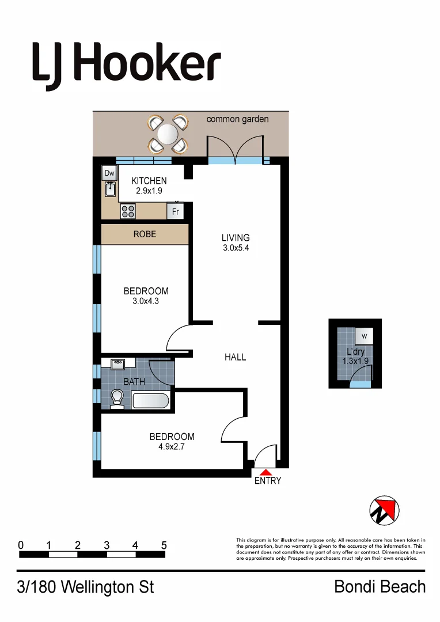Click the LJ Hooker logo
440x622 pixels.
pyautogui.click(x=126, y=63)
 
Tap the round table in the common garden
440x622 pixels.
pyautogui.click(x=168, y=134)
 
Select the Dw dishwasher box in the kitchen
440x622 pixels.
pyautogui.click(x=109, y=173)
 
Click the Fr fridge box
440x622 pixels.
pyautogui.click(x=176, y=212)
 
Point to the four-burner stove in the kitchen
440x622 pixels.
pyautogui.click(x=128, y=211)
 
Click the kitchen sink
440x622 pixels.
pyautogui.click(x=109, y=188)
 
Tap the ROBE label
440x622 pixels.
pyautogui.click(x=145, y=234)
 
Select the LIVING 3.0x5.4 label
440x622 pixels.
pyautogui.click(x=236, y=242)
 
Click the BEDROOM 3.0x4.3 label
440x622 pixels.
pyautogui.click(x=146, y=296)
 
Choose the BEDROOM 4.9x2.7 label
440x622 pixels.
pyautogui.click(x=172, y=441)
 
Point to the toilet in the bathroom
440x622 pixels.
pyautogui.click(x=117, y=399)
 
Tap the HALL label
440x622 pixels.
pyautogui.click(x=235, y=357)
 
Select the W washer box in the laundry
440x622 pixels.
pyautogui.click(x=363, y=336)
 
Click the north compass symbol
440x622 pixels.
pyautogui.click(x=384, y=510)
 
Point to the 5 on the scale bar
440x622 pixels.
pyautogui.click(x=164, y=545)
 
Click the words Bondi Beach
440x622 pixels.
pyautogui.click(x=380, y=587)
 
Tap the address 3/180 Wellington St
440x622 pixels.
pyautogui.click(x=86, y=587)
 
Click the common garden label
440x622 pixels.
pyautogui.click(x=237, y=119)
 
